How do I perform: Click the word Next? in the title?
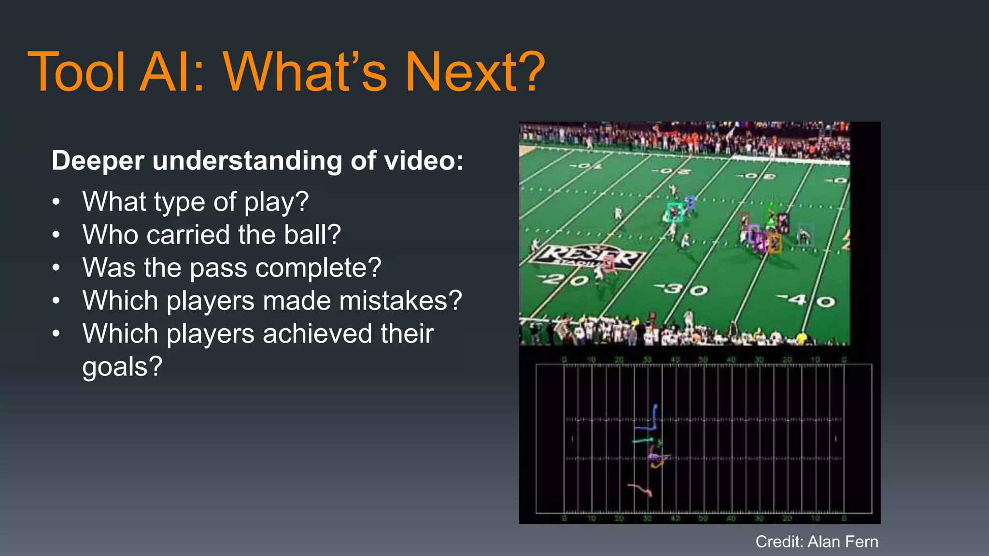(x=474, y=72)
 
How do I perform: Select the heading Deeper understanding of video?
(x=257, y=161)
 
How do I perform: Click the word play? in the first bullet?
(x=276, y=202)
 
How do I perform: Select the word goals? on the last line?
(x=122, y=367)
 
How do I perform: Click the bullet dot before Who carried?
(x=57, y=235)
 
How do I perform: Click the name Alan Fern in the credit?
(x=843, y=542)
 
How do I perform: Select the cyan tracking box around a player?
(x=675, y=212)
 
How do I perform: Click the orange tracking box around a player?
(x=775, y=243)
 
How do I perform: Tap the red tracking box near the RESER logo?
(x=609, y=263)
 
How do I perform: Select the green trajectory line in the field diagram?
(x=644, y=441)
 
